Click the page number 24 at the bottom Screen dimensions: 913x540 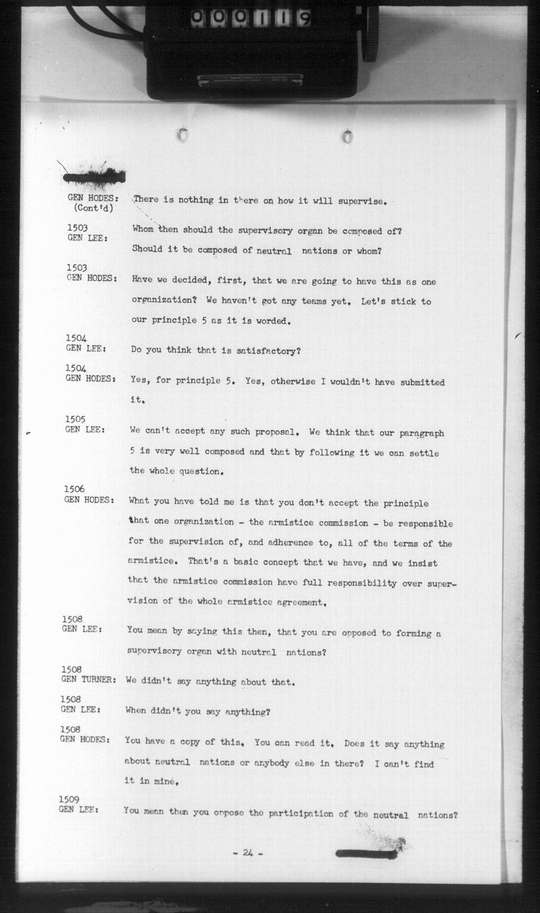[x=247, y=853]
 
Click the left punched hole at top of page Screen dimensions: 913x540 [x=183, y=135]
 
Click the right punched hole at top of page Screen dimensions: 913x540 [x=347, y=136]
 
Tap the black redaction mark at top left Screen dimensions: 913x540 [x=94, y=177]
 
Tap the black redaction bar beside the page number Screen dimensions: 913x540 [x=367, y=853]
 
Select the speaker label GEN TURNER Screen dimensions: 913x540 [x=89, y=679]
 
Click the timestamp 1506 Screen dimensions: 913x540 [x=74, y=489]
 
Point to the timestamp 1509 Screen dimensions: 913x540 [x=69, y=799]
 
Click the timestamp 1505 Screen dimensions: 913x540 [x=75, y=419]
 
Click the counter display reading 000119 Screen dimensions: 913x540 [x=251, y=19]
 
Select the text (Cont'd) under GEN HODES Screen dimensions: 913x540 [x=93, y=208]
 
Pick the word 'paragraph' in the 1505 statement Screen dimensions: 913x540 [x=421, y=433]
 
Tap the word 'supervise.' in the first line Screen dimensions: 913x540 [x=361, y=201]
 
